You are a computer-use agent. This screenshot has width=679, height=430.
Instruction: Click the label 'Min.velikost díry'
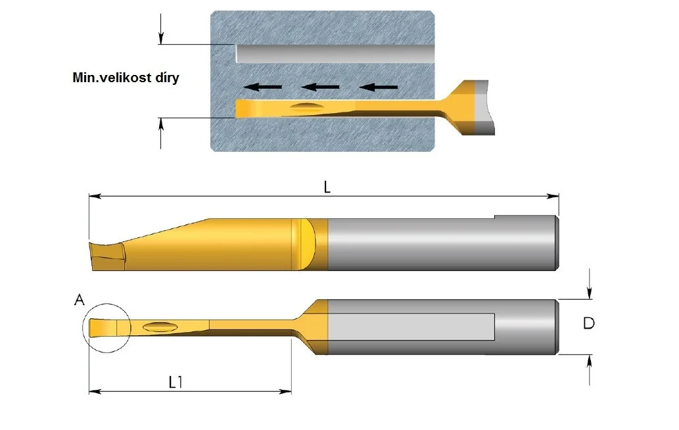126,78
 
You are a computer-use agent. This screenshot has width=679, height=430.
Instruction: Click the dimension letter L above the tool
327,187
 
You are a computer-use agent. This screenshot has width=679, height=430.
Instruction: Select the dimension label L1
176,382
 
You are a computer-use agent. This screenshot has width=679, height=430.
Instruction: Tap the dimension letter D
588,323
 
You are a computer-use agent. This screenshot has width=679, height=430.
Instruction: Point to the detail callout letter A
80,300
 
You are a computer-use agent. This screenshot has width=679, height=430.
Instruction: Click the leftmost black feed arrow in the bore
263,87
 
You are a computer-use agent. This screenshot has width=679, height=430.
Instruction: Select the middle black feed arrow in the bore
321,87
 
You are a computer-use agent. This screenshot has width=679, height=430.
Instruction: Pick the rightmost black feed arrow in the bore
379,87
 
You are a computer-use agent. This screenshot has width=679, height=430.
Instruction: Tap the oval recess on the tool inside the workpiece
306,107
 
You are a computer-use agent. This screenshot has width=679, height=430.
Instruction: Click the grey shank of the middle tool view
442,243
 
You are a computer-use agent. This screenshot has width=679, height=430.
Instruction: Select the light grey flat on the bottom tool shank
411,327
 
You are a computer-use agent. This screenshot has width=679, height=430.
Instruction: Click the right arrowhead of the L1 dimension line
286,392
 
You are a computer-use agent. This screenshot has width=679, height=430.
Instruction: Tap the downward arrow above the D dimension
589,283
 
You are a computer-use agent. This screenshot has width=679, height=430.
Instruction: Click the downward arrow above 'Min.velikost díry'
161,28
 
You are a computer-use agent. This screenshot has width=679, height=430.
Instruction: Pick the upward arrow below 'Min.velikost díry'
161,133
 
